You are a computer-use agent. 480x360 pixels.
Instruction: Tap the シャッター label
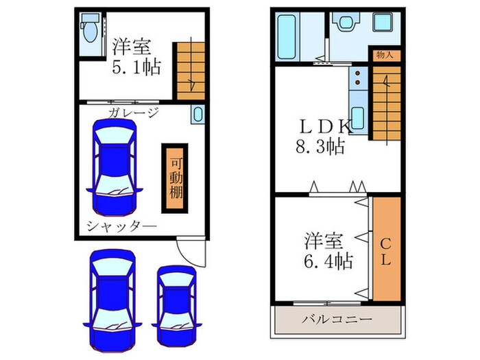click(x=121, y=226)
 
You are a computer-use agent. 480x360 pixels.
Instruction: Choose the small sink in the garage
click(x=197, y=115)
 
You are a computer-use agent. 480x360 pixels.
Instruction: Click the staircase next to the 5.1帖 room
click(x=191, y=69)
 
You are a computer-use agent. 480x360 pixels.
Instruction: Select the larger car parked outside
click(x=111, y=291)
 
